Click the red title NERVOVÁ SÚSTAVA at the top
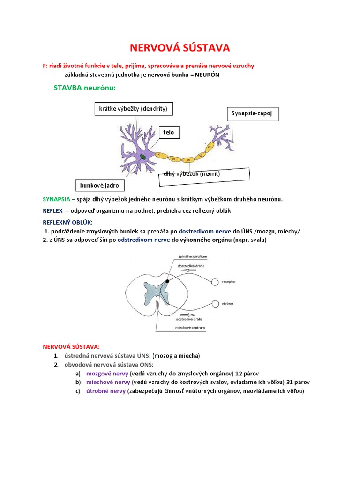(180, 48)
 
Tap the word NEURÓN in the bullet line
(207, 75)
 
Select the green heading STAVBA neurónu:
(84, 88)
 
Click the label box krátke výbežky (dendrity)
(134, 109)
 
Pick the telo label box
(169, 132)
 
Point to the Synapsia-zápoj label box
(253, 114)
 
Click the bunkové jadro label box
(100, 185)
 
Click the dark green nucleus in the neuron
(142, 157)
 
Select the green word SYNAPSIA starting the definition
(57, 199)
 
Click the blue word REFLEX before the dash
(52, 211)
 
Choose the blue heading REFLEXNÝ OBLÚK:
(67, 222)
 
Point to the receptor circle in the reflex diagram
(215, 282)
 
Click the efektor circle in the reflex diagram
(216, 304)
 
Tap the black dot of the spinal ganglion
(167, 281)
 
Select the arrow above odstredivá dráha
(188, 315)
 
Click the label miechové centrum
(190, 328)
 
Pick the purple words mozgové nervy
(107, 374)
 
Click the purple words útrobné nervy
(106, 391)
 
